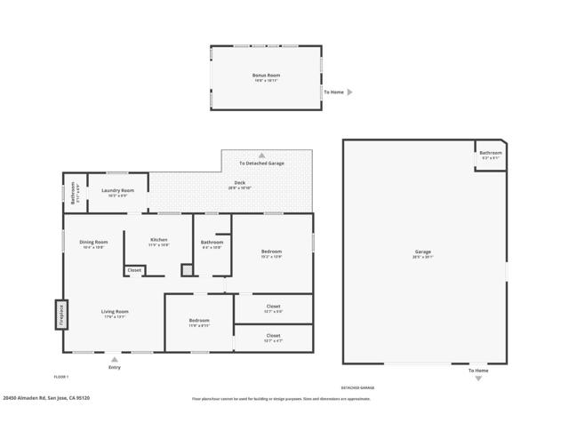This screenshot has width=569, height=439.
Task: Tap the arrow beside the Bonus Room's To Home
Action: click(x=350, y=92)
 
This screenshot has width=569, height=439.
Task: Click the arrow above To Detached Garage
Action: click(x=261, y=155)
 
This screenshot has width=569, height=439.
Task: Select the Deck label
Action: click(x=239, y=183)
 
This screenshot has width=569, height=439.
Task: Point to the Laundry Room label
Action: click(x=117, y=190)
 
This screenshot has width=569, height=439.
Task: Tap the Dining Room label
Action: click(x=93, y=242)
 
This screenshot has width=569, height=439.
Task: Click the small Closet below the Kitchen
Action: click(x=134, y=270)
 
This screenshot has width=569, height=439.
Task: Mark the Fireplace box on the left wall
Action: click(x=61, y=315)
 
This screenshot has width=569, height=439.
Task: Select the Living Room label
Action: click(x=115, y=312)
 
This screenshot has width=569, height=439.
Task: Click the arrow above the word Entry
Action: click(x=114, y=359)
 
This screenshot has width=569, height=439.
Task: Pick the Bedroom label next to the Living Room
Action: click(x=198, y=321)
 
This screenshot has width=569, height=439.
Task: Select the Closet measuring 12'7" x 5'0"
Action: click(x=273, y=307)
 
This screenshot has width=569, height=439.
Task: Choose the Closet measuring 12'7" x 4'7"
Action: click(x=273, y=336)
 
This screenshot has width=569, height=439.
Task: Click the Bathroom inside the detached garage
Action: click(x=491, y=153)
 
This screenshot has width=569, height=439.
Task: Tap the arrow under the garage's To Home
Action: click(x=477, y=379)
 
